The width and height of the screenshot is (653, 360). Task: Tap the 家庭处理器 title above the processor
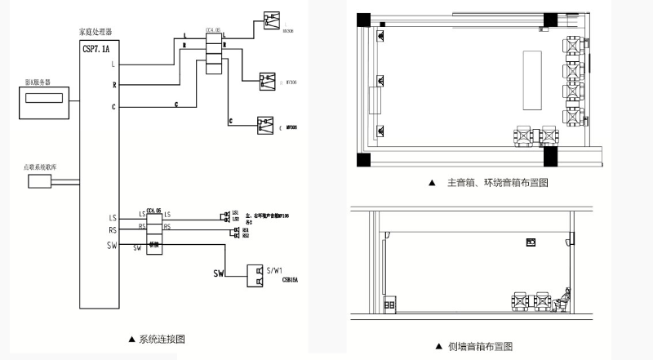(x=93, y=32)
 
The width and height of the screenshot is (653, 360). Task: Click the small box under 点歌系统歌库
(x=39, y=181)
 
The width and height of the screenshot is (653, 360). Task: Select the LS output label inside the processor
(x=113, y=218)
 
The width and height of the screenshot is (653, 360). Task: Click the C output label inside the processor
(x=113, y=106)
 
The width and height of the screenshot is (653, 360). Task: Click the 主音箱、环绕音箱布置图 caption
(x=497, y=183)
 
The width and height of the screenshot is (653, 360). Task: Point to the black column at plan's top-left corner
(x=362, y=19)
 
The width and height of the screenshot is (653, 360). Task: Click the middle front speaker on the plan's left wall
(x=380, y=82)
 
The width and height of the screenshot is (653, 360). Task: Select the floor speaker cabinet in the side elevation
(x=389, y=304)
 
